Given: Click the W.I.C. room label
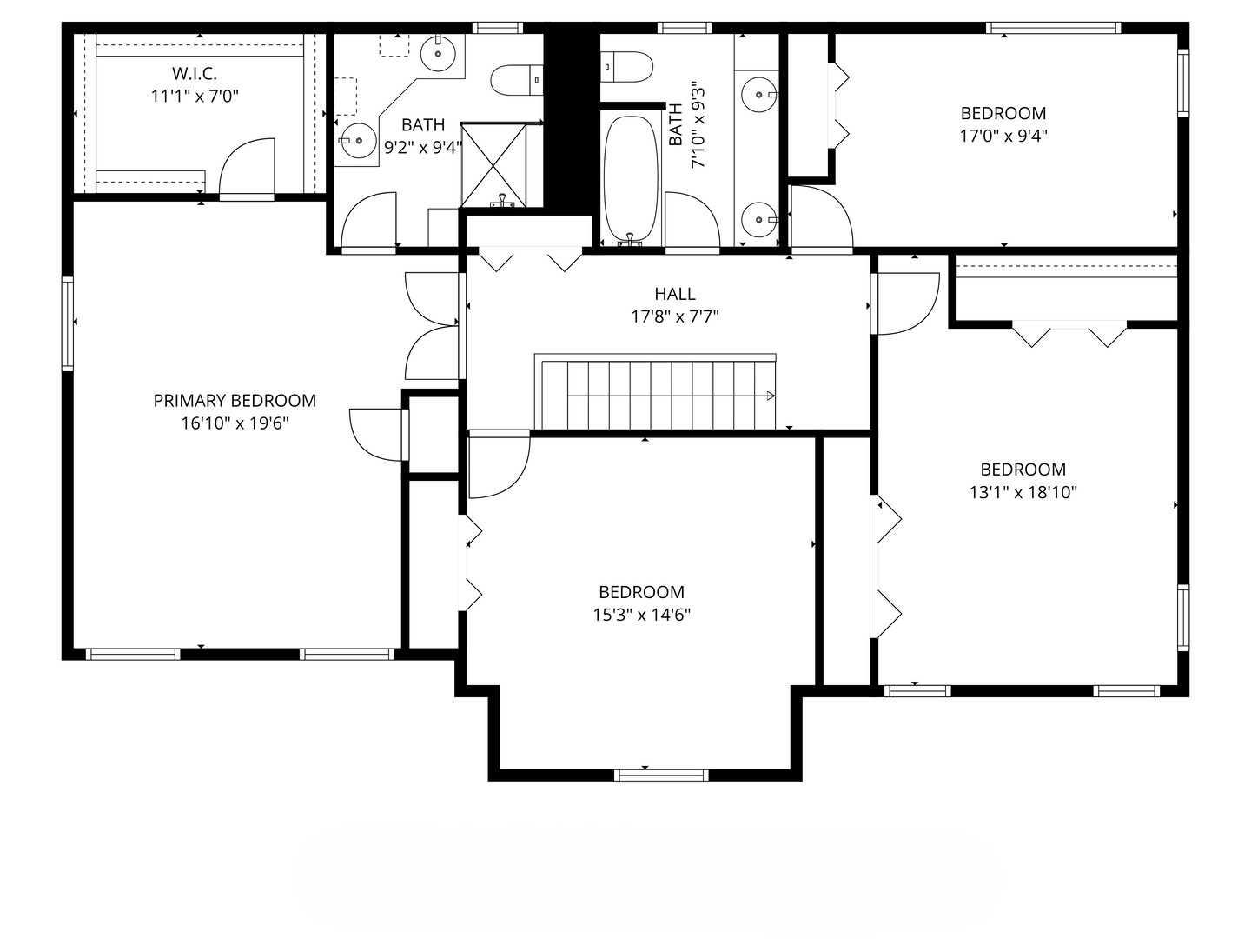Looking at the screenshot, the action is tap(195, 73).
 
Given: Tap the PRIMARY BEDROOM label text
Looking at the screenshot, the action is tap(235, 401).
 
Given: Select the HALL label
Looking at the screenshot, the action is tap(675, 294).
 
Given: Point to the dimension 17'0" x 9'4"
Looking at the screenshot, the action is tap(1003, 137).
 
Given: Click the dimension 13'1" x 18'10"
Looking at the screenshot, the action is tap(1023, 492).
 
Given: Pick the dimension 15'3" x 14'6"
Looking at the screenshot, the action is tap(642, 615).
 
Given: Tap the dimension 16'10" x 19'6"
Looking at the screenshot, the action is tap(235, 423).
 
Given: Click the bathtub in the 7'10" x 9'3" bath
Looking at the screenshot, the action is tap(631, 179).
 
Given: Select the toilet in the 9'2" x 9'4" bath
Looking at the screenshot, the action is tap(517, 80).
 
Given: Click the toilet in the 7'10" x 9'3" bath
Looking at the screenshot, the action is tap(626, 67).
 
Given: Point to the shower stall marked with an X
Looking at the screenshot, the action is tap(493, 164).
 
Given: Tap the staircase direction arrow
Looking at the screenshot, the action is tap(770, 396).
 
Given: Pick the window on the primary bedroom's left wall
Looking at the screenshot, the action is tap(68, 323).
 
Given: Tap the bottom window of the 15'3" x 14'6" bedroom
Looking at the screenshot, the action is tap(661, 775).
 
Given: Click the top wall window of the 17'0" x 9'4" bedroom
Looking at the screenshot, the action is tap(1053, 28).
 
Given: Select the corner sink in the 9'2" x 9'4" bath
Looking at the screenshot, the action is tap(438, 53).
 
